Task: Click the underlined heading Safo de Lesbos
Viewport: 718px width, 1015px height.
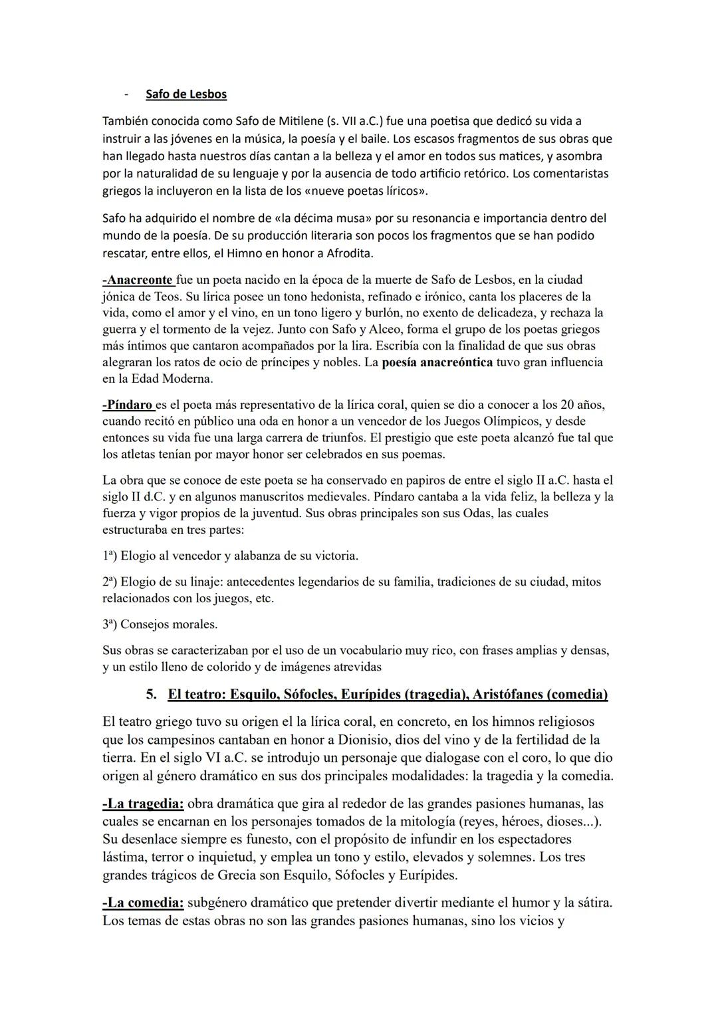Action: tap(186, 94)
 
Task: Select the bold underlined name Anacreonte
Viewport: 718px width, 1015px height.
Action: tap(138, 280)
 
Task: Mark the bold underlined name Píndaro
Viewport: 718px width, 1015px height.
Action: tap(128, 405)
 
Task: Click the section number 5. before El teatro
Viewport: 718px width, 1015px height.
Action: tap(152, 695)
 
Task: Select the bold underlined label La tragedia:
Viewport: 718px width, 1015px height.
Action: tap(143, 804)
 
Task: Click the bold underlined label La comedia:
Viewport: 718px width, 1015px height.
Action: tap(143, 903)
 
